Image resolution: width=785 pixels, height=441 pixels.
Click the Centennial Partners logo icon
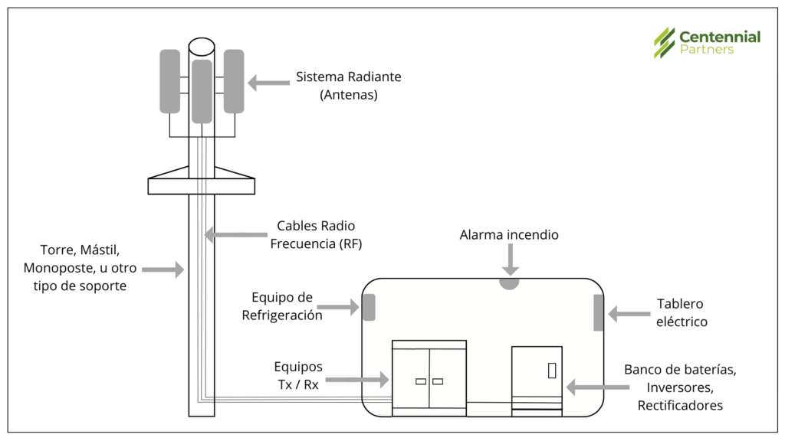point(664,42)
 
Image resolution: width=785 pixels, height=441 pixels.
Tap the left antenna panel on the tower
point(169,81)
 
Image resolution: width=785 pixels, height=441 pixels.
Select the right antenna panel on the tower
point(234,81)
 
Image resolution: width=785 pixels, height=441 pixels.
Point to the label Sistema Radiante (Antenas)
point(348,87)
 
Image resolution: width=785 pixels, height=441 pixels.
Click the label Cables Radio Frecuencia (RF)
point(317,235)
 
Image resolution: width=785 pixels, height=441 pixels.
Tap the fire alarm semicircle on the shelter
point(509,283)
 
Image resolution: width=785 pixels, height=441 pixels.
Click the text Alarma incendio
point(509,235)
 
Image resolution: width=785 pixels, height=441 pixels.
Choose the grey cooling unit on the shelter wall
point(369,307)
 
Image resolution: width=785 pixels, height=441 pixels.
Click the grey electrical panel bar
point(598,312)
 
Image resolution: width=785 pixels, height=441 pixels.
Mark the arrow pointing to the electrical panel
point(629,312)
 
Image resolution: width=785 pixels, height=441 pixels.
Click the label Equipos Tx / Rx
point(297,376)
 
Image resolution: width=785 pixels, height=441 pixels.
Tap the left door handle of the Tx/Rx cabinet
point(421,381)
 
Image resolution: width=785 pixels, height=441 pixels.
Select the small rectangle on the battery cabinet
point(551,370)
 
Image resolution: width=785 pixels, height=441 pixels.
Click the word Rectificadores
point(680,405)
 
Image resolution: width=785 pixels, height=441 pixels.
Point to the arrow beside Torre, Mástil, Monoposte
point(163,269)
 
